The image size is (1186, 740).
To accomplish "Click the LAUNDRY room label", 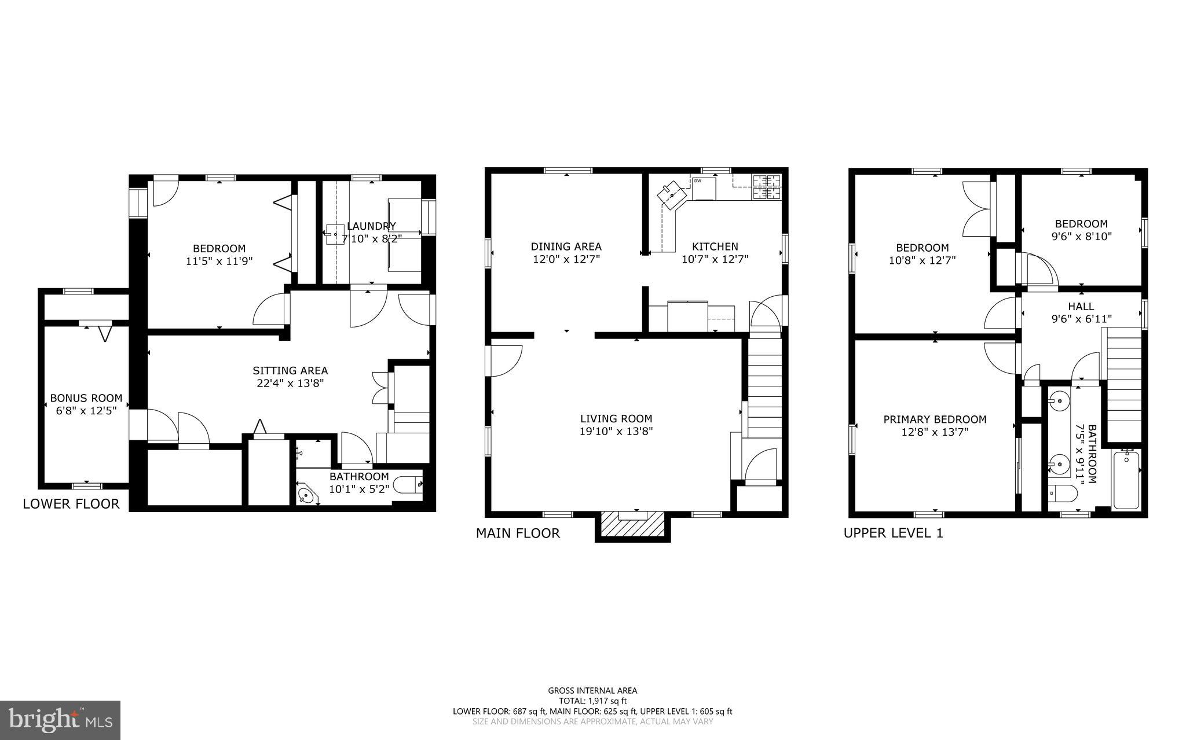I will [371, 226].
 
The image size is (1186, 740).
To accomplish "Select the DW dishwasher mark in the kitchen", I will [698, 181].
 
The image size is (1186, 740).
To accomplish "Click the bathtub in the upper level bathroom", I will [1126, 480].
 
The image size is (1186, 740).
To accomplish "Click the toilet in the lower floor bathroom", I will [408, 484].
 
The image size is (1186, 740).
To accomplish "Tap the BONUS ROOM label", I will [86, 398].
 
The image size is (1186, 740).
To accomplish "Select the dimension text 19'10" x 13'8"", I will [616, 431].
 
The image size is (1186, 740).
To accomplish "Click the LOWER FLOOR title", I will [71, 504].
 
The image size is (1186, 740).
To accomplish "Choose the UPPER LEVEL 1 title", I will [893, 533].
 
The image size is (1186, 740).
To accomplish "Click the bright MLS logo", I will [60, 720].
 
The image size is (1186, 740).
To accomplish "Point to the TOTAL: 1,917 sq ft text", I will [592, 701].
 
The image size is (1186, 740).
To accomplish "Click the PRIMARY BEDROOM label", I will [935, 419].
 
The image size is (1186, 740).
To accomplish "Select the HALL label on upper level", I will [1081, 307].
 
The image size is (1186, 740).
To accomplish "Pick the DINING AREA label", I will [566, 246].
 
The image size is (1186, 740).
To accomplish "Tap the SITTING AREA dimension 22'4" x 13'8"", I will [290, 383].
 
